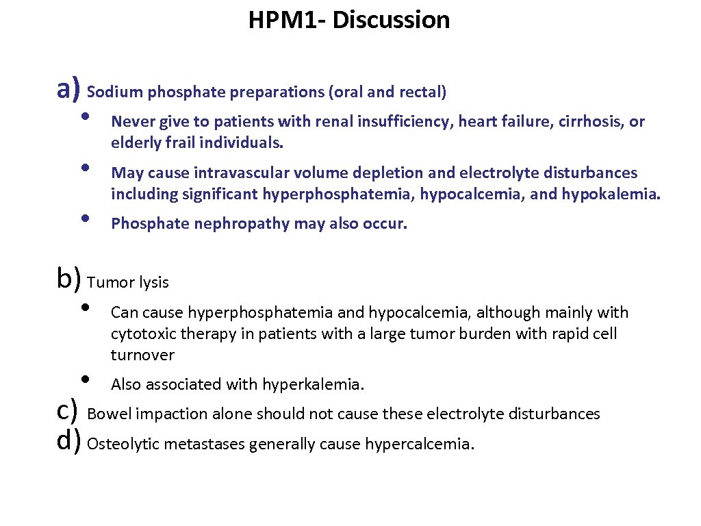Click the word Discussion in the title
pos(392,21)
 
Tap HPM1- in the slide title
pos(288,21)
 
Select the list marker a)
pos(69,88)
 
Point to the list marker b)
pos(69,279)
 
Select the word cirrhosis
pos(591,122)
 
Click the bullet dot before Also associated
pos(84,378)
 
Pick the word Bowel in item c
pos(110,414)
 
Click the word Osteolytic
pos(122,444)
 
